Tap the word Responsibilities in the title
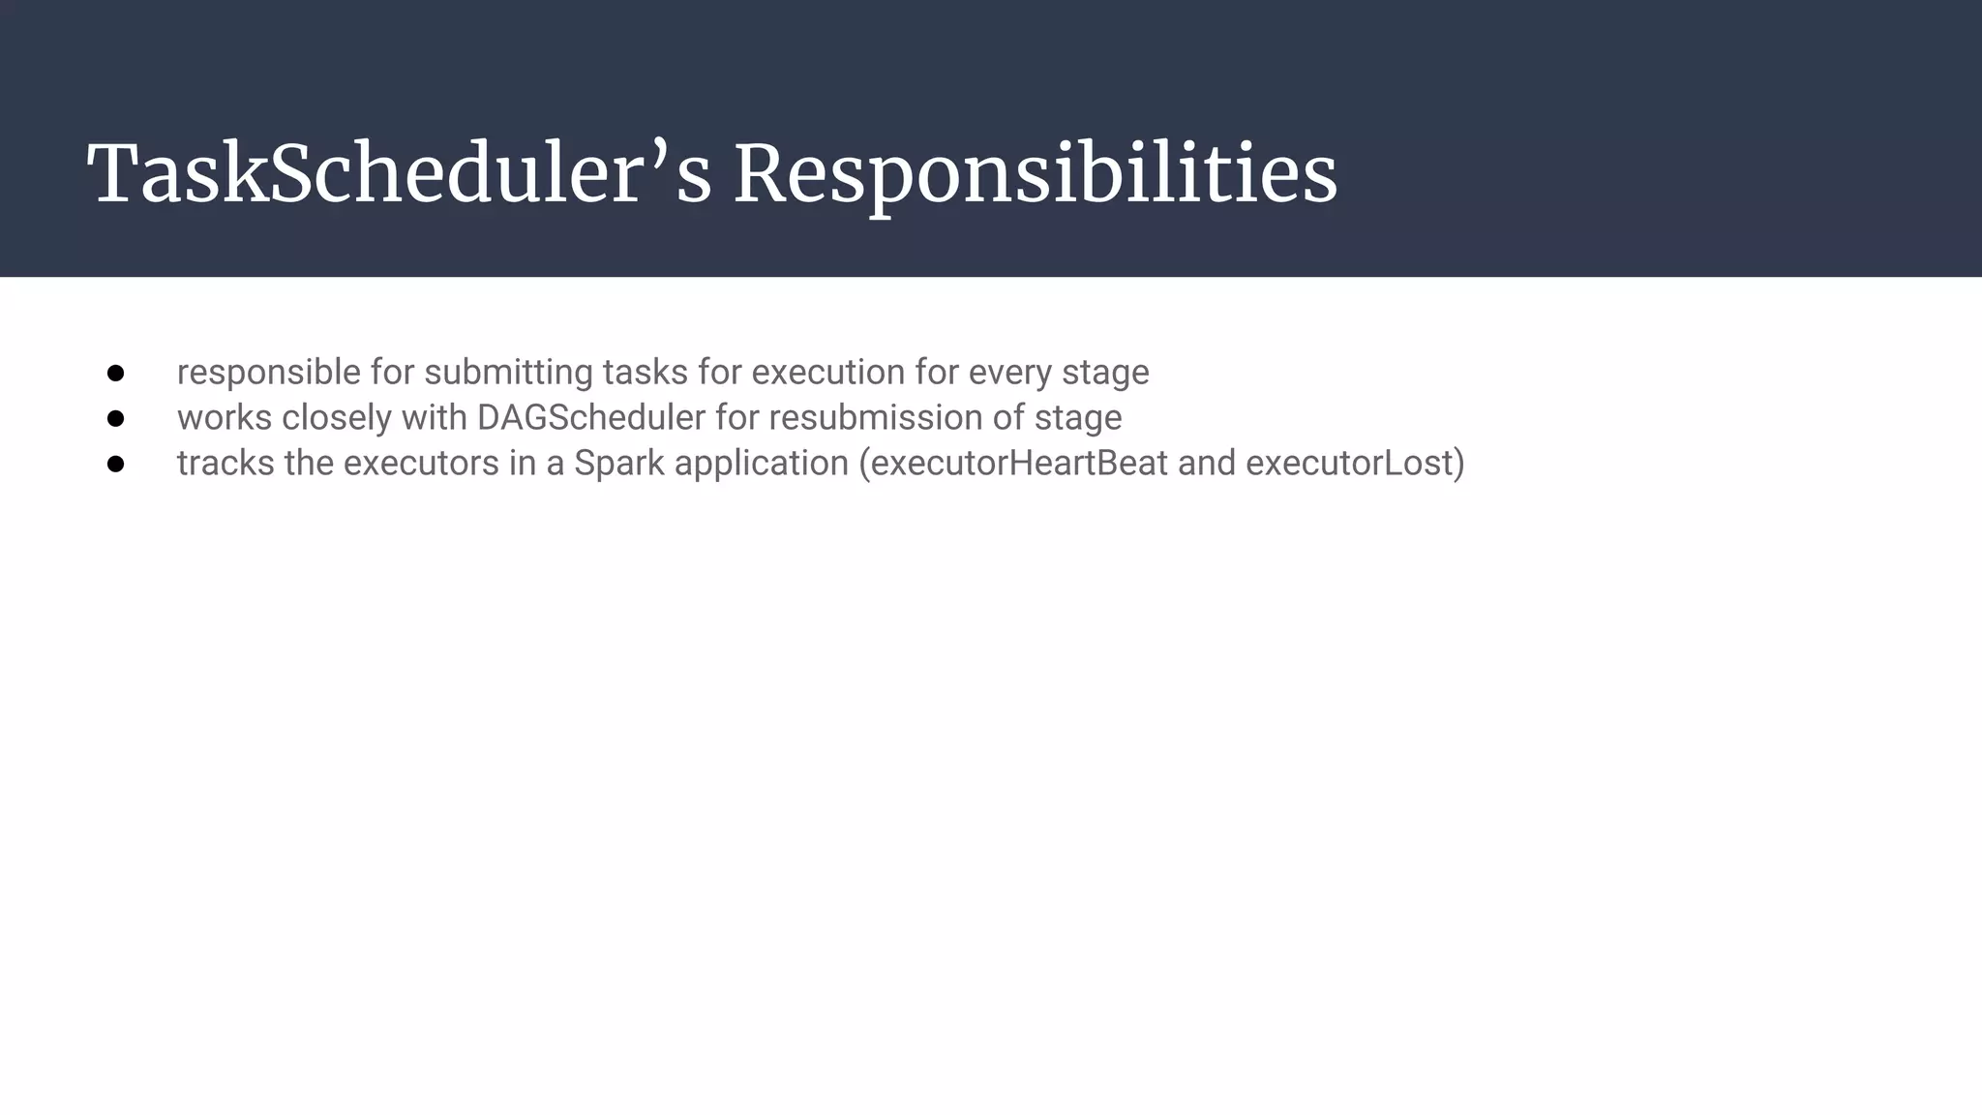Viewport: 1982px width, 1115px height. click(x=1036, y=174)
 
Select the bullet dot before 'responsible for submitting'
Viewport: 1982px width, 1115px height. click(x=116, y=373)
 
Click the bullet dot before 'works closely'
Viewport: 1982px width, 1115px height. click(x=116, y=418)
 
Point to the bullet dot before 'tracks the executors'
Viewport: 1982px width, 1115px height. click(x=116, y=464)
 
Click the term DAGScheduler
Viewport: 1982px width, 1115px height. click(x=591, y=418)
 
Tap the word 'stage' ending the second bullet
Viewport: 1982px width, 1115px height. click(x=1078, y=418)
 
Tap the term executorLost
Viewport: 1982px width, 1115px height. click(x=1349, y=464)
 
